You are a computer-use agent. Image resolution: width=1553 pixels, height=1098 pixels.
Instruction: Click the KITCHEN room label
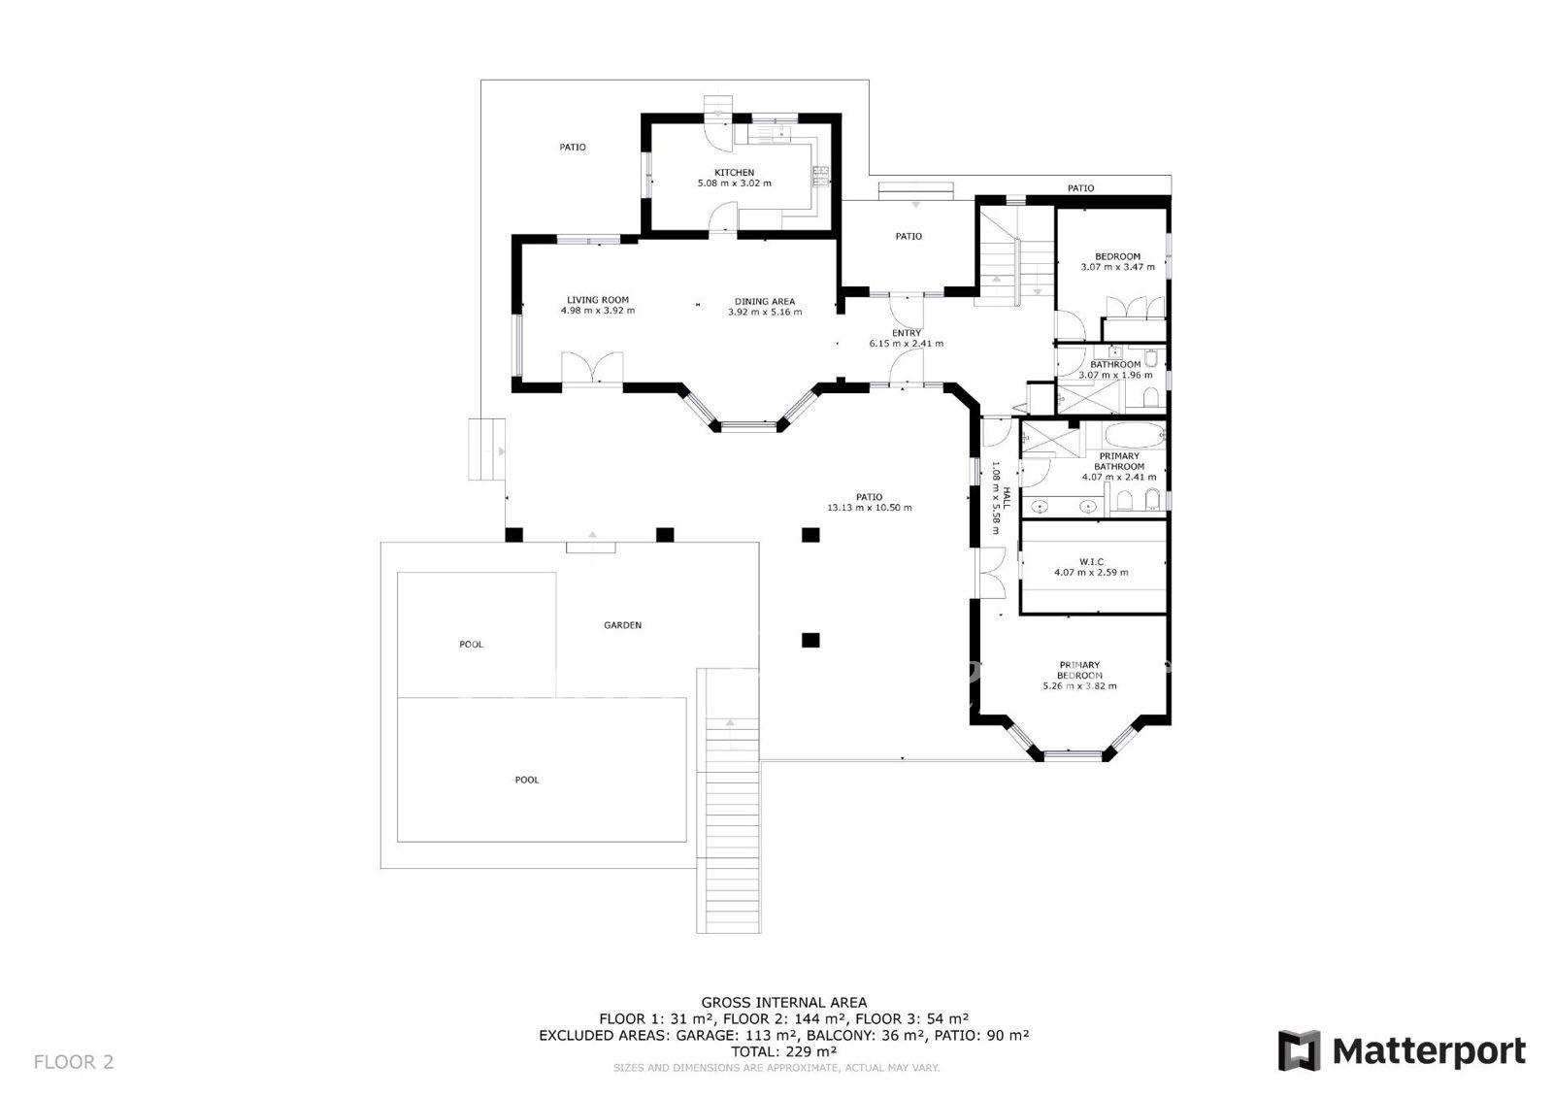click(x=734, y=173)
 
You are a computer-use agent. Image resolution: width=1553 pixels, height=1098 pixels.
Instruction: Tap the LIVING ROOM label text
click(x=598, y=300)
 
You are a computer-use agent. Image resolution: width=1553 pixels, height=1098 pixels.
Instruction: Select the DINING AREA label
click(x=765, y=302)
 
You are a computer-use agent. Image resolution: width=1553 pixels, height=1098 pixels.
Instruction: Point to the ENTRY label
click(x=907, y=333)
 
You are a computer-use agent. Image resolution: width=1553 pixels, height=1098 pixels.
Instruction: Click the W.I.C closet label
click(x=1091, y=562)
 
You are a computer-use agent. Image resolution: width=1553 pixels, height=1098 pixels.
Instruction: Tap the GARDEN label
click(x=622, y=625)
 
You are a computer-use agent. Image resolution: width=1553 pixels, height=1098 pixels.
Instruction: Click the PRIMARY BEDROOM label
click(x=1079, y=670)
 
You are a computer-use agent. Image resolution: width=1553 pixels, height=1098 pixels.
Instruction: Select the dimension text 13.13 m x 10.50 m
click(x=870, y=508)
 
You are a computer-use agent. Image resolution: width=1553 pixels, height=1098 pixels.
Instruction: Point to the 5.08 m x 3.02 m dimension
click(x=734, y=183)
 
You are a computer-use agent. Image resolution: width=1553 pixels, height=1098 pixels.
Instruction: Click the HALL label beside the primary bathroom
click(x=1007, y=497)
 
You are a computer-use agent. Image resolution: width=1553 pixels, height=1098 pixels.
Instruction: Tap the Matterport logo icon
click(x=1300, y=1050)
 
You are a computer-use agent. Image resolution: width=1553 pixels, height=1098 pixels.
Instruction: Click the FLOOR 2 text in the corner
click(x=74, y=1062)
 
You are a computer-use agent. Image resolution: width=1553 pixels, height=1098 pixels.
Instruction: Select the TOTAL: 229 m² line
click(x=784, y=1051)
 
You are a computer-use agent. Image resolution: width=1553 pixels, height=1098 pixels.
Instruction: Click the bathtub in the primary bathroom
click(x=1135, y=436)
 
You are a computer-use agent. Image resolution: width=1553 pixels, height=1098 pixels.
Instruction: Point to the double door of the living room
click(x=592, y=368)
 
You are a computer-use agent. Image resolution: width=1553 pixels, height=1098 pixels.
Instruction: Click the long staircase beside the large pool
click(x=729, y=801)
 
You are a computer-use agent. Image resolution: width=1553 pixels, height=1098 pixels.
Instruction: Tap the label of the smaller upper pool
click(x=472, y=645)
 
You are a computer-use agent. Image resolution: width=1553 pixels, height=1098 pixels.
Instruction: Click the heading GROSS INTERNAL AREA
click(x=784, y=1002)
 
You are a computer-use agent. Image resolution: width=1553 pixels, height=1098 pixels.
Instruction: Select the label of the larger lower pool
click(x=527, y=780)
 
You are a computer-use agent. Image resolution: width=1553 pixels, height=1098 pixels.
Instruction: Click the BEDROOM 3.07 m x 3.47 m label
click(x=1117, y=261)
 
